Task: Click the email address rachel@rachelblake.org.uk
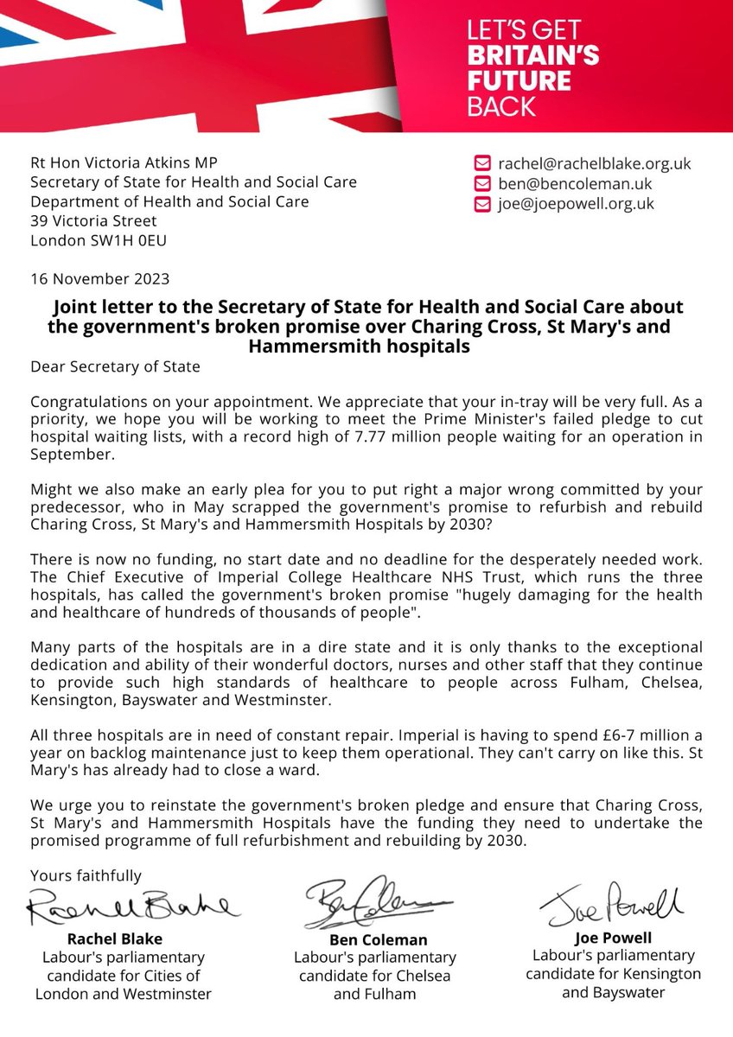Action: pyautogui.click(x=594, y=163)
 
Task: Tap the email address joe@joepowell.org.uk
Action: pyautogui.click(x=576, y=205)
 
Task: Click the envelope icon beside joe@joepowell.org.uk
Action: pyautogui.click(x=481, y=205)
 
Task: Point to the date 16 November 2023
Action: pyautogui.click(x=100, y=279)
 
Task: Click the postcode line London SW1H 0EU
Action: pyautogui.click(x=99, y=241)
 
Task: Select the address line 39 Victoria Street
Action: pyautogui.click(x=93, y=221)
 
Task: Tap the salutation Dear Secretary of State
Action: pyautogui.click(x=115, y=366)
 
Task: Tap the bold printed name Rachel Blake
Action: pyautogui.click(x=111, y=938)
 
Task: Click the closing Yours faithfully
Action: pyautogui.click(x=86, y=876)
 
